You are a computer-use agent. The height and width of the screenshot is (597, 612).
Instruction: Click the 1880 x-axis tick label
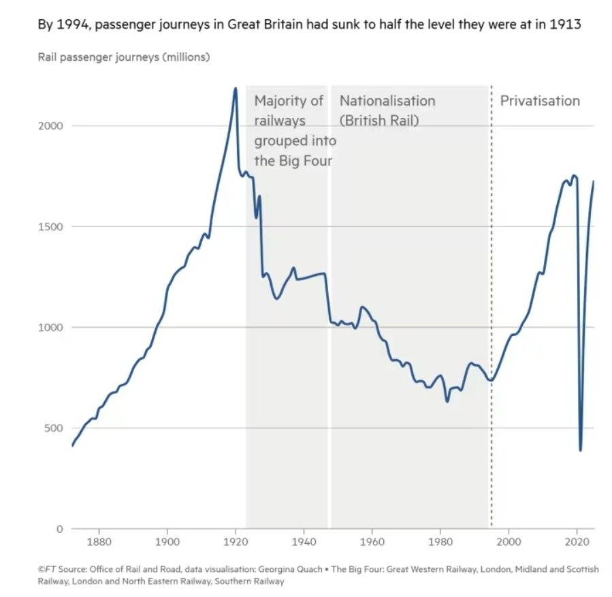click(99, 542)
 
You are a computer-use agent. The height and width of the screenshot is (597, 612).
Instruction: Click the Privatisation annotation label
click(540, 101)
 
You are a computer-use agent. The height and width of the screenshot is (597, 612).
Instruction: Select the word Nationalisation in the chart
click(387, 101)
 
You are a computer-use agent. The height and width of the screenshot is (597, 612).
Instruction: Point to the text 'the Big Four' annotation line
click(293, 161)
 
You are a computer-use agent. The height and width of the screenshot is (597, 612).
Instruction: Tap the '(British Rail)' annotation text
click(379, 121)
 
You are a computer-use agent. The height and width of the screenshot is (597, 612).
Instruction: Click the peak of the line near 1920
click(236, 88)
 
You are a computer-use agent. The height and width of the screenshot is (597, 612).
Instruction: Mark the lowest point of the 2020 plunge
click(581, 450)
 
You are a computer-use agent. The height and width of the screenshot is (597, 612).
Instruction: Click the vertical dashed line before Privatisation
click(492, 307)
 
